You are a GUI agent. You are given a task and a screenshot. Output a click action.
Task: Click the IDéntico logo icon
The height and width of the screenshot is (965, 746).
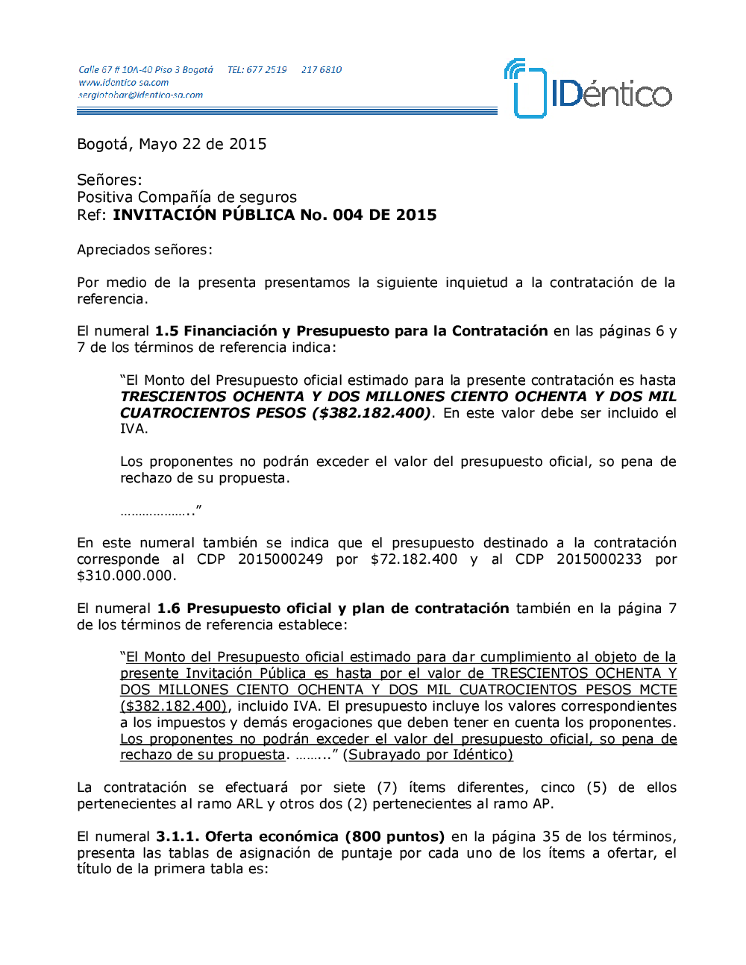coord(526,89)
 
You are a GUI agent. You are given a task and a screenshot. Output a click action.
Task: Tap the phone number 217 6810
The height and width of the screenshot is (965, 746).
coord(322,70)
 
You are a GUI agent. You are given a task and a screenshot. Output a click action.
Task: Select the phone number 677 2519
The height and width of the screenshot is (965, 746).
coord(266,70)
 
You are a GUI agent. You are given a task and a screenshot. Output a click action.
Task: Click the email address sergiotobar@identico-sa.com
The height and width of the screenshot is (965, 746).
coord(140,95)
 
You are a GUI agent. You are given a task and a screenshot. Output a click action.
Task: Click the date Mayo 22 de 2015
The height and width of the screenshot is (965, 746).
coord(202,144)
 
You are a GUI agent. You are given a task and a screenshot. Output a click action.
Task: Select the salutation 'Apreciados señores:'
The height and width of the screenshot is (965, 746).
coord(145,250)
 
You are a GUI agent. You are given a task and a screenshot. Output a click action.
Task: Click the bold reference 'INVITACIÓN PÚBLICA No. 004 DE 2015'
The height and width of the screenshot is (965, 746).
coord(275,215)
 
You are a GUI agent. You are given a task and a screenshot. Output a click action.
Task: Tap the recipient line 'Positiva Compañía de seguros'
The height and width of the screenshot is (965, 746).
coord(186,197)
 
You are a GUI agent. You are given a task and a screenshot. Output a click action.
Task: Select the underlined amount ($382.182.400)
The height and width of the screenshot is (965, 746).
coord(173,706)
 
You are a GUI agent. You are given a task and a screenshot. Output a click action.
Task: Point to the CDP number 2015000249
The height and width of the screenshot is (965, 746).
coord(280,559)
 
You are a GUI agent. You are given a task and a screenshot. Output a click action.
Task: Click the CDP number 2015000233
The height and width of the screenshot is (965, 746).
coord(599,559)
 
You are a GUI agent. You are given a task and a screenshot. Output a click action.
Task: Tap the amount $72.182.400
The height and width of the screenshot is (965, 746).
coord(414,559)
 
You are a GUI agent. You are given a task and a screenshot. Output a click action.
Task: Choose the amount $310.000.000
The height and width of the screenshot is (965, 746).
coord(125,576)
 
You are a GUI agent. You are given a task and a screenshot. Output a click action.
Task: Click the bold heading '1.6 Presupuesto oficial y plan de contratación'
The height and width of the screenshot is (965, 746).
coord(333,609)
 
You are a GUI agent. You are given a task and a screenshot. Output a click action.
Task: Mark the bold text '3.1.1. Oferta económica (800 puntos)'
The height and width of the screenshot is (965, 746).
coord(300,837)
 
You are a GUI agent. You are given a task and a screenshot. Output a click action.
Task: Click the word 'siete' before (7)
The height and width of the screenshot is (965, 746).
coord(349,788)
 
